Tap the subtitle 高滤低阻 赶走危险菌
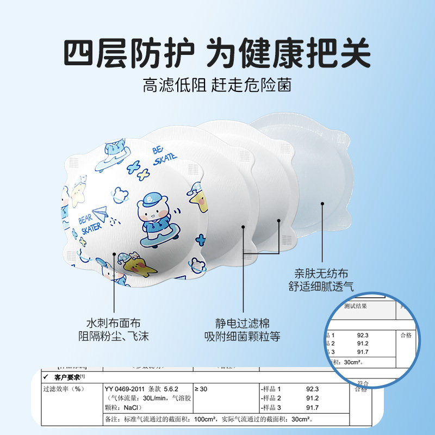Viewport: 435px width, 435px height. (x=217, y=85)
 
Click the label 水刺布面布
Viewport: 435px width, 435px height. (x=114, y=320)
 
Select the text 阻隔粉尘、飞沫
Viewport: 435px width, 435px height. (x=114, y=335)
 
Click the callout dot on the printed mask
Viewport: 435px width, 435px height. (x=114, y=254)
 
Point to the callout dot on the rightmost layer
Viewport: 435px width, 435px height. (x=322, y=204)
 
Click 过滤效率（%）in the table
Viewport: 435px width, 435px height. (x=64, y=389)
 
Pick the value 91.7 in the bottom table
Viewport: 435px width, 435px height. (x=312, y=407)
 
